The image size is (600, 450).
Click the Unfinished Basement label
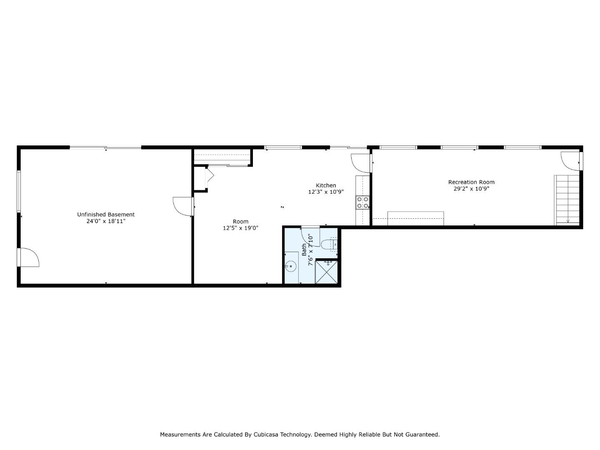[106, 215]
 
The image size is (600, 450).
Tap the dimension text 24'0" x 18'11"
[106, 221]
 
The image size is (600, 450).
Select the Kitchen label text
[326, 185]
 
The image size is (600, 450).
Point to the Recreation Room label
[471, 182]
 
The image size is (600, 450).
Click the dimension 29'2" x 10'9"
[471, 189]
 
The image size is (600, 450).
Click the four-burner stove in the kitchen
[362, 202]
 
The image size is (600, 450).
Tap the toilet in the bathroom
[329, 243]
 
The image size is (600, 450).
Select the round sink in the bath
[291, 265]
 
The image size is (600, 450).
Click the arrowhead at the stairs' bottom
[567, 221]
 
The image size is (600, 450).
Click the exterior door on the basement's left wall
[28, 257]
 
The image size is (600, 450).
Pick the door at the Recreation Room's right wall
[571, 161]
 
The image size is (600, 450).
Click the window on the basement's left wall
[19, 191]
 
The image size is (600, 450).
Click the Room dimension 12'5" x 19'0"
[240, 228]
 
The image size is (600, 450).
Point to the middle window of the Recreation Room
[459, 147]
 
